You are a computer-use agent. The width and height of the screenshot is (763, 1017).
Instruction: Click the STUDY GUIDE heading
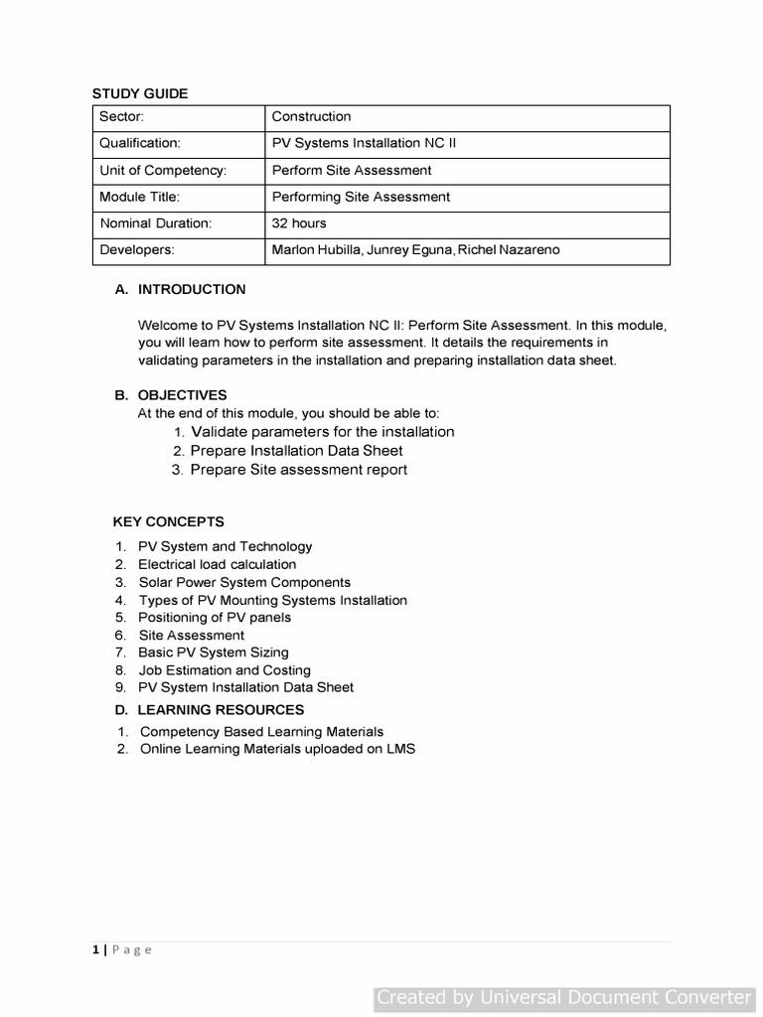(140, 93)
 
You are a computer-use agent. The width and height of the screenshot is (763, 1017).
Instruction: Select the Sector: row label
(122, 117)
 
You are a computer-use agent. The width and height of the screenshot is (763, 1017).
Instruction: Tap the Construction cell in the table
(311, 117)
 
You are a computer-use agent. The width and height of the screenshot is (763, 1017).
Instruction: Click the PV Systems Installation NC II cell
(364, 143)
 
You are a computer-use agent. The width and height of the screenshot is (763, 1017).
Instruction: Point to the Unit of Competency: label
(163, 171)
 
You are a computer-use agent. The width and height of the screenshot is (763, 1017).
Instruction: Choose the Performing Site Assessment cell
(361, 197)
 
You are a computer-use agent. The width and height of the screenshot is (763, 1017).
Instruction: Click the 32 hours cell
(299, 223)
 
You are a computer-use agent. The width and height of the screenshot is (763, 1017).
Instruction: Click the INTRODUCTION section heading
(191, 290)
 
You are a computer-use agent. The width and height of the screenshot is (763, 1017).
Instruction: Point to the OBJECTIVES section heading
(182, 395)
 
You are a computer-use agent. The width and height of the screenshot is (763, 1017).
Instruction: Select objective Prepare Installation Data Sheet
(296, 451)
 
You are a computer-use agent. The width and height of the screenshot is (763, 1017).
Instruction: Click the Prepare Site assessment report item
(298, 470)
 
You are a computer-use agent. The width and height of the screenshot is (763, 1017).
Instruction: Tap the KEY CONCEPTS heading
(168, 522)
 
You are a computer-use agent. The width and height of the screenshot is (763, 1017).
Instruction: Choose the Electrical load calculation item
(217, 564)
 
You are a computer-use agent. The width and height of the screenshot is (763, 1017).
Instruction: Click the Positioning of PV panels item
(215, 618)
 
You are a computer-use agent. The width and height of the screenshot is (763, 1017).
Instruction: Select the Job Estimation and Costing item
(224, 670)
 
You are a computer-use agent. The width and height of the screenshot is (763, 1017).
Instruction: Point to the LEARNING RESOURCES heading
(221, 710)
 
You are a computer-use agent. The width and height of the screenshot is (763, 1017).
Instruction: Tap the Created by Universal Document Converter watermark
(564, 997)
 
